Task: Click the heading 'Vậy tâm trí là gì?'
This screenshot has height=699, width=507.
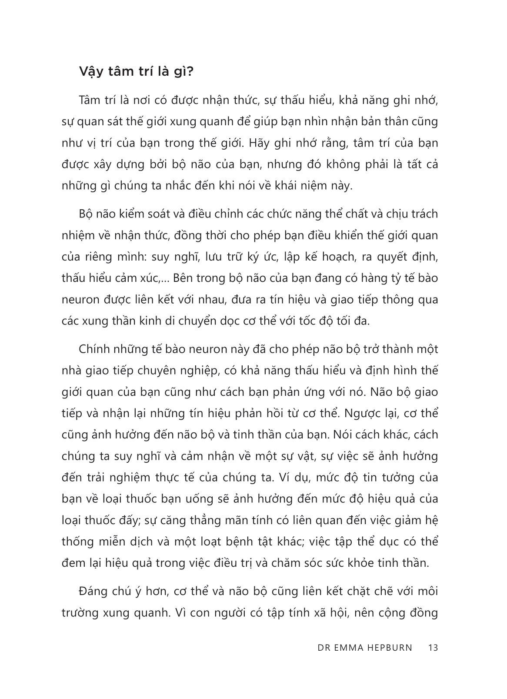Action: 136,71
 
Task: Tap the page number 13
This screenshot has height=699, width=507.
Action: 433,647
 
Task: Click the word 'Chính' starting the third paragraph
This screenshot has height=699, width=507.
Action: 94,349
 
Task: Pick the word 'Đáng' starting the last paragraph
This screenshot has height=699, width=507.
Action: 93,592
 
